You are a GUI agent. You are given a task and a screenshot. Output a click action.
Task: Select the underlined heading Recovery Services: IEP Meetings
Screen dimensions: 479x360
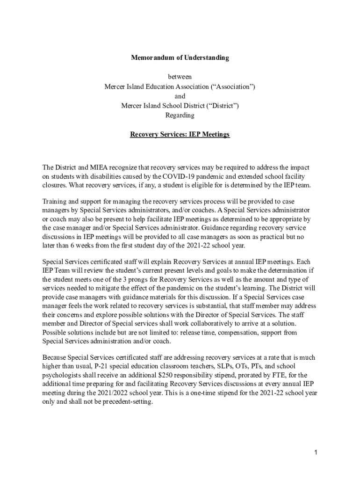[180, 134]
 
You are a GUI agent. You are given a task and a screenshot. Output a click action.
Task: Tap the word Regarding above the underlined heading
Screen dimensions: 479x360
[180, 115]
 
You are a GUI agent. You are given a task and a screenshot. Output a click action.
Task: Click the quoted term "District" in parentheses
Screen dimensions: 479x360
[221, 106]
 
